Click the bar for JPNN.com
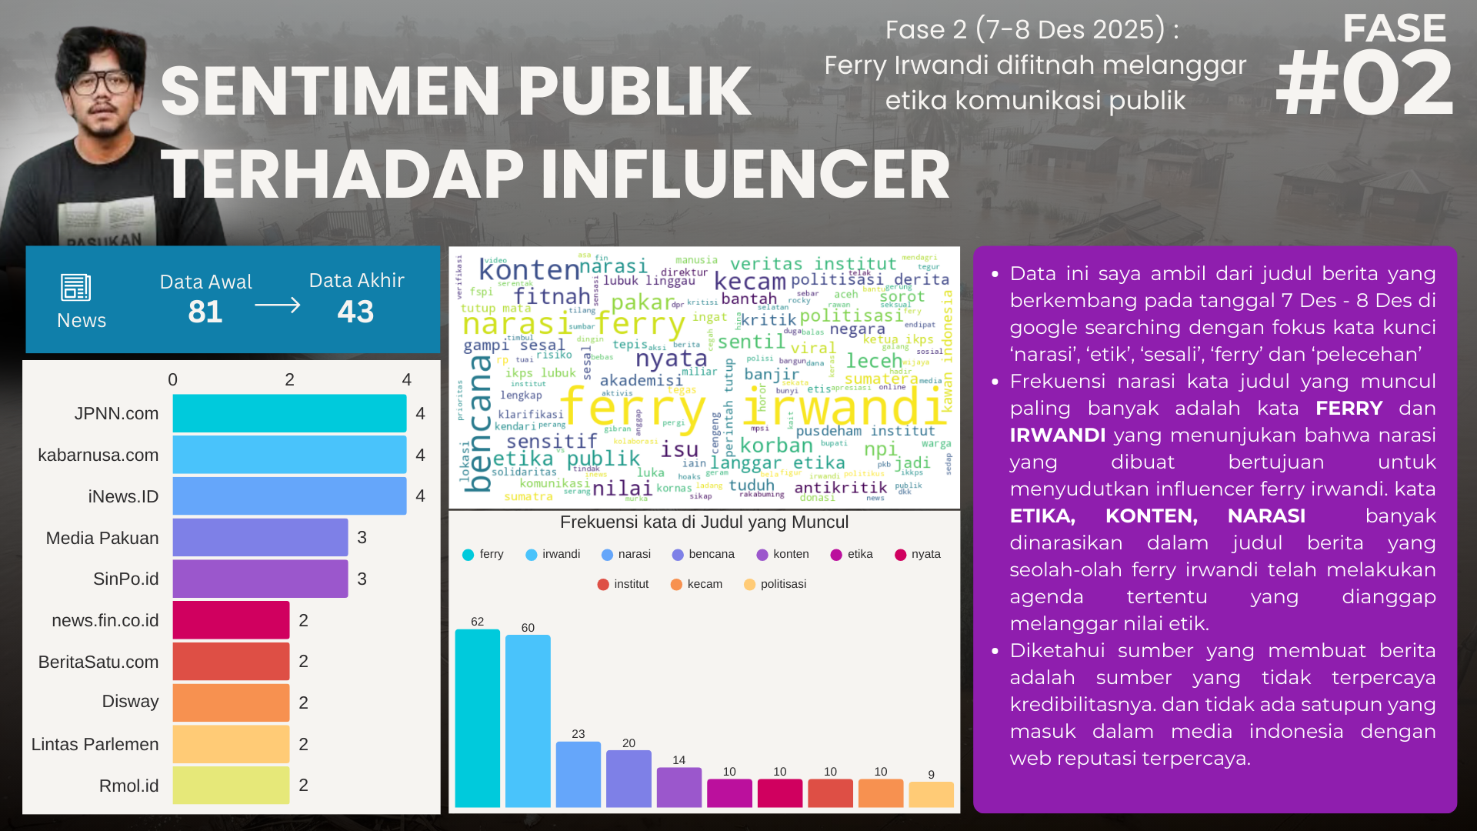(289, 414)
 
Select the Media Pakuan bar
(260, 538)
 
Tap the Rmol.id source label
(128, 786)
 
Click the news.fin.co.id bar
(231, 620)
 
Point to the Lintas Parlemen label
(95, 744)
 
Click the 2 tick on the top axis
(289, 379)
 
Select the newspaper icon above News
(76, 288)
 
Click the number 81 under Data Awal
(205, 312)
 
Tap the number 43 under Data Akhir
(355, 312)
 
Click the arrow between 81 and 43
(277, 305)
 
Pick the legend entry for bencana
(703, 554)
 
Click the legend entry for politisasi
(775, 584)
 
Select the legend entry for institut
(623, 584)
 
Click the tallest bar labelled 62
(477, 718)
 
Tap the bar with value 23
(578, 774)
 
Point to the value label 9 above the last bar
(931, 774)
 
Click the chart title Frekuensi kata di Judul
(704, 522)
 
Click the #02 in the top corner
(1364, 83)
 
